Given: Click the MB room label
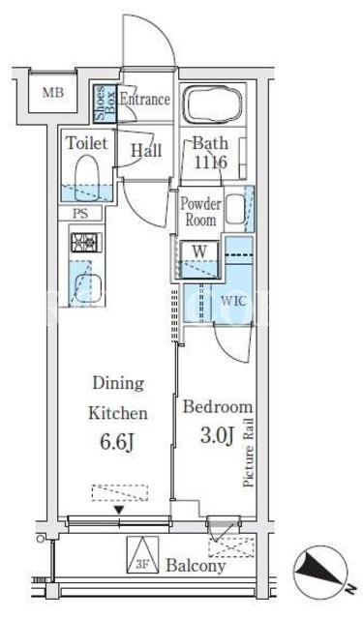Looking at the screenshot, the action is coord(53,93).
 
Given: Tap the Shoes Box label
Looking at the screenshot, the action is coord(106,103).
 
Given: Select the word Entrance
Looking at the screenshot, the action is coord(145,99).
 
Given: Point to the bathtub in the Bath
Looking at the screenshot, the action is coord(213,104).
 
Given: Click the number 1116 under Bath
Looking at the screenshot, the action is coord(210,162).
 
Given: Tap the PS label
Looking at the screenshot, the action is coord(80,214).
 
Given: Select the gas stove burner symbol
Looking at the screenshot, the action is coord(86,243).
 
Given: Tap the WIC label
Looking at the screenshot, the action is coord(233,301).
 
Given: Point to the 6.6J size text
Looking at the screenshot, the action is coord(118,443).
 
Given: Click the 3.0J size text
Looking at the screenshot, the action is coord(217,435).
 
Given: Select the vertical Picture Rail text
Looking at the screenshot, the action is coord(249,453).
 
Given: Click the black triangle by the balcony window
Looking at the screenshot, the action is coord(119,511).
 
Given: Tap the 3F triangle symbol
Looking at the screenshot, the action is coord(142,554).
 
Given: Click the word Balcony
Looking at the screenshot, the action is coord(196,566).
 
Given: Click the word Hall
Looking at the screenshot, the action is coord(146,151).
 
